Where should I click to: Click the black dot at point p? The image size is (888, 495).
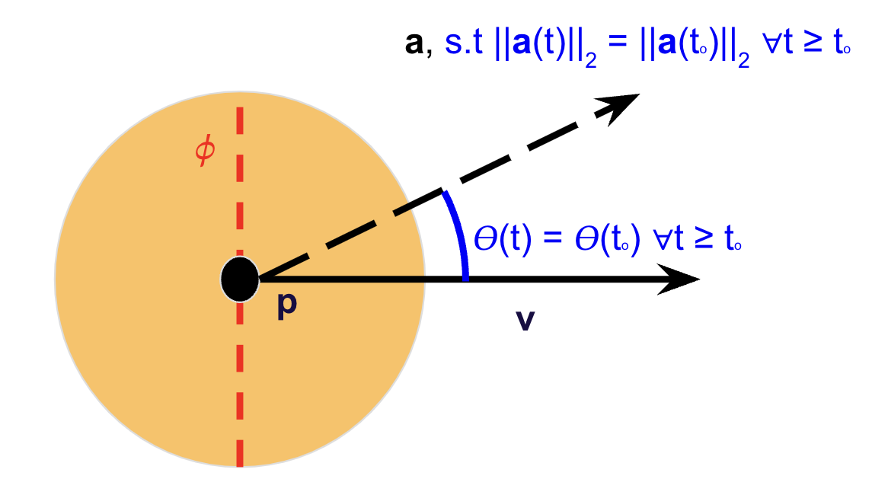click(240, 279)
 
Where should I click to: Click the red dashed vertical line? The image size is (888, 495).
click(240, 381)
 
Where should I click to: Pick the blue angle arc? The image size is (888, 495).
click(458, 232)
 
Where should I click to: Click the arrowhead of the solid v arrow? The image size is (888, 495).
click(682, 279)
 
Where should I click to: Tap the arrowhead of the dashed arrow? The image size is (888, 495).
click(621, 104)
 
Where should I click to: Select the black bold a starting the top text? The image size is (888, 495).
click(414, 44)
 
